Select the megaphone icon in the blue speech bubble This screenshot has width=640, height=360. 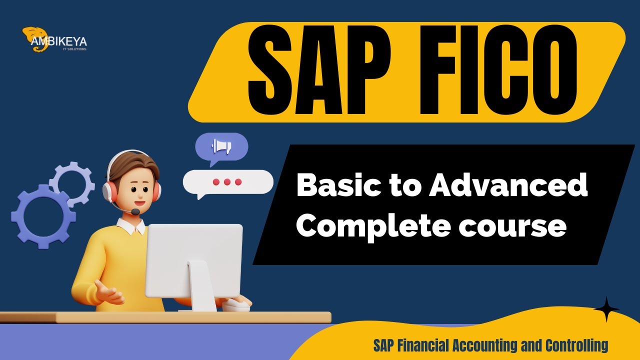pyautogui.click(x=221, y=146)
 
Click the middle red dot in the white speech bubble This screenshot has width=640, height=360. pyautogui.click(x=227, y=182)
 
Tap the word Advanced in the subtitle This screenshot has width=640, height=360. pyautogui.click(x=507, y=186)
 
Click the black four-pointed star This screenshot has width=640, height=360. pyautogui.click(x=606, y=309)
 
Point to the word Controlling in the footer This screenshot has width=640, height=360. pyautogui.click(x=577, y=345)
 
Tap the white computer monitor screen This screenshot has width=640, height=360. pyautogui.click(x=193, y=260)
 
